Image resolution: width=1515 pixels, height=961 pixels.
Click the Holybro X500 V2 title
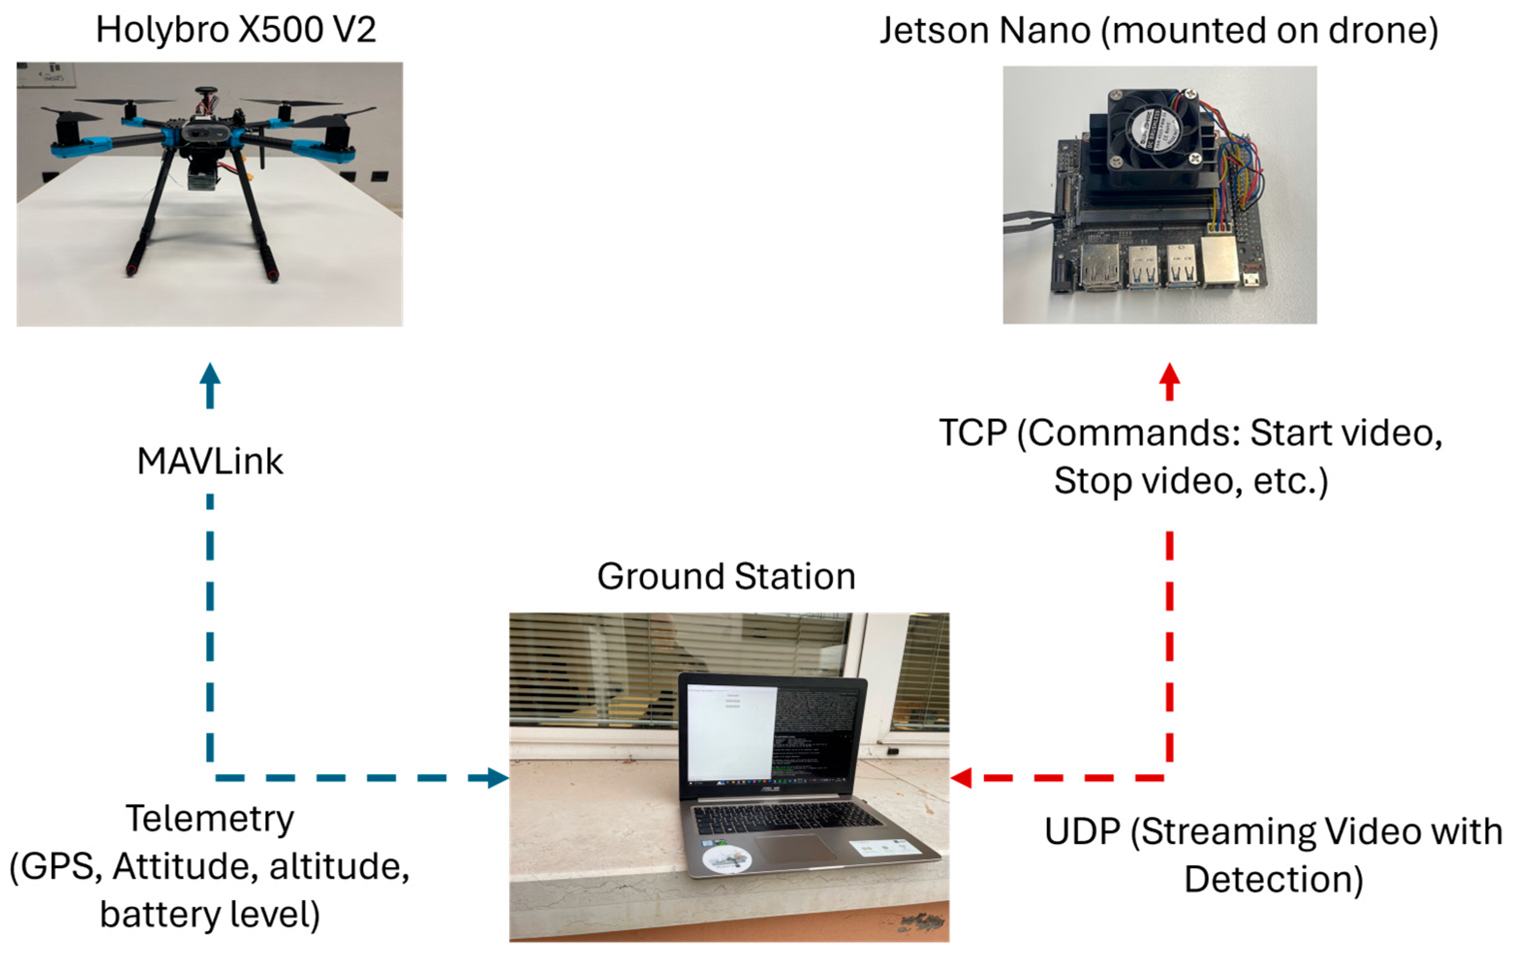click(236, 29)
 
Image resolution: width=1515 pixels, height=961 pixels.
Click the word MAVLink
click(210, 462)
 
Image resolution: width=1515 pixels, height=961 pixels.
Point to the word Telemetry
click(210, 819)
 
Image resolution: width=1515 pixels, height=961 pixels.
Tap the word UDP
click(1082, 832)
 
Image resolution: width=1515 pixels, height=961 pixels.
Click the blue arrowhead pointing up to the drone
click(210, 377)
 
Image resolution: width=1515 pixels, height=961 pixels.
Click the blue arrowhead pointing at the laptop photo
click(497, 778)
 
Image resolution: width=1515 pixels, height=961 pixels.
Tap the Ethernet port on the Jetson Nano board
click(1219, 261)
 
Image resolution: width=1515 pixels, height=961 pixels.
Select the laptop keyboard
click(786, 817)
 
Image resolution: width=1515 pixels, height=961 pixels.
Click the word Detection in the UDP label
click(1273, 879)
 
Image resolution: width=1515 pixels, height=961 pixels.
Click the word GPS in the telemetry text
click(56, 867)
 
